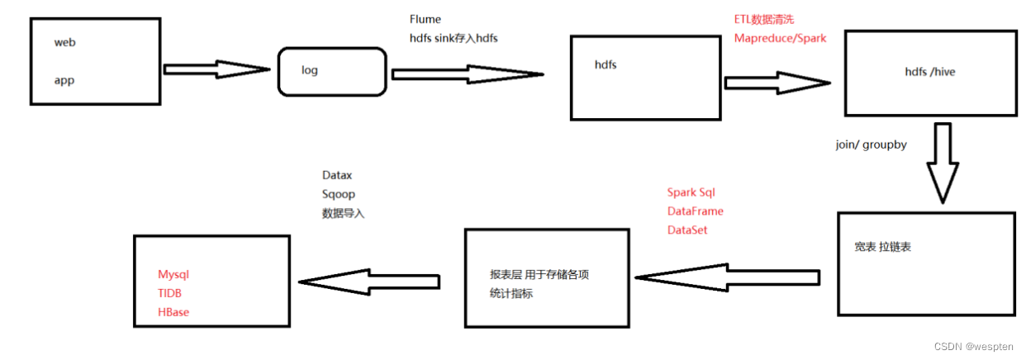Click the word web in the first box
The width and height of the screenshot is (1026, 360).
pyautogui.click(x=65, y=42)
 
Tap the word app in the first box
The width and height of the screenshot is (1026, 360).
pyautogui.click(x=64, y=81)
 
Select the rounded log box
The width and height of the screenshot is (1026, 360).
pyautogui.click(x=332, y=70)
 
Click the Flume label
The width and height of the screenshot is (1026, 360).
pyautogui.click(x=425, y=19)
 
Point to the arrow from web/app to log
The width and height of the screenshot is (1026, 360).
pyautogui.click(x=217, y=69)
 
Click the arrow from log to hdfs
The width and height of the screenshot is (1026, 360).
pyautogui.click(x=467, y=74)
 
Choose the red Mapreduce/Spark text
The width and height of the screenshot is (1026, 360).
pyautogui.click(x=780, y=38)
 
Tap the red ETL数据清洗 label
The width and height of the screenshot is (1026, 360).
pyautogui.click(x=764, y=19)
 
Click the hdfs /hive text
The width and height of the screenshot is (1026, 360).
pyautogui.click(x=930, y=72)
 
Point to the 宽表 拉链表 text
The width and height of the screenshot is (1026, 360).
pyautogui.click(x=888, y=247)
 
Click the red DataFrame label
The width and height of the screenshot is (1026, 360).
pyautogui.click(x=696, y=211)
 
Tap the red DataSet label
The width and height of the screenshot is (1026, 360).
pyautogui.click(x=687, y=230)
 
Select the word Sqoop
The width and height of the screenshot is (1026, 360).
pyautogui.click(x=339, y=194)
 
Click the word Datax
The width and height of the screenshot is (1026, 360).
pyautogui.click(x=337, y=176)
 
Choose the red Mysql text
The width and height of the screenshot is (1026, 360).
pyautogui.click(x=173, y=274)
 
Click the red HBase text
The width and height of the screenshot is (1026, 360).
pyautogui.click(x=173, y=312)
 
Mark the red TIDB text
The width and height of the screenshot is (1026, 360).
pyautogui.click(x=170, y=293)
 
